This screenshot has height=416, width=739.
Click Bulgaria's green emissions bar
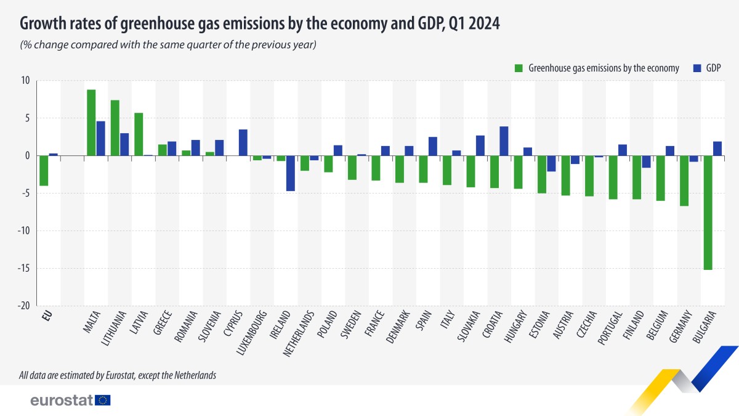(x=708, y=213)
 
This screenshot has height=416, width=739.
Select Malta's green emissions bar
(x=91, y=123)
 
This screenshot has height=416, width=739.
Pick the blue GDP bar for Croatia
(x=504, y=141)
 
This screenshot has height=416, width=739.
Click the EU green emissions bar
(x=44, y=171)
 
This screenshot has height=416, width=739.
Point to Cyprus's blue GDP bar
(x=243, y=142)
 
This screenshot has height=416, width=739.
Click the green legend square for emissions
(x=518, y=68)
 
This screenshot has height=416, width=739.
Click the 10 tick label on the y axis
(x=25, y=80)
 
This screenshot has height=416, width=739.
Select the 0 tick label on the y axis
(x=27, y=156)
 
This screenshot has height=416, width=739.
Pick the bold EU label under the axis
(x=46, y=316)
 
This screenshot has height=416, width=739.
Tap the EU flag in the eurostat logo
(x=103, y=400)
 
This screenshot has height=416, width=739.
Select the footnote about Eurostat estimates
(x=117, y=375)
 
